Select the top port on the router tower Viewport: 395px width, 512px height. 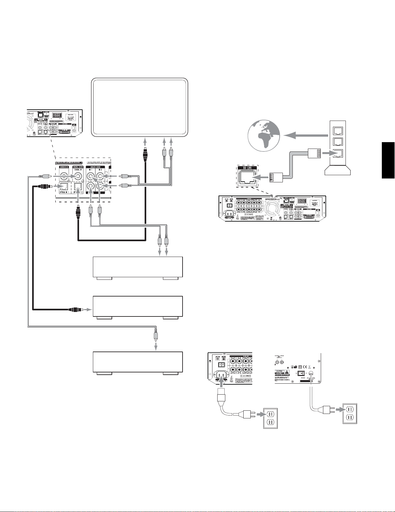[x=338, y=130]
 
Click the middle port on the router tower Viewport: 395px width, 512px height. [x=338, y=142]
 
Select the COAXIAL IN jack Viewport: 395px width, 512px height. [x=78, y=176]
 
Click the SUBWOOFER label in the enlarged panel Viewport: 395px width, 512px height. [x=63, y=167]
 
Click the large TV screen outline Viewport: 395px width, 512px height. [x=139, y=107]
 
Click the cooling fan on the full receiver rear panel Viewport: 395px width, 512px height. [x=273, y=209]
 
